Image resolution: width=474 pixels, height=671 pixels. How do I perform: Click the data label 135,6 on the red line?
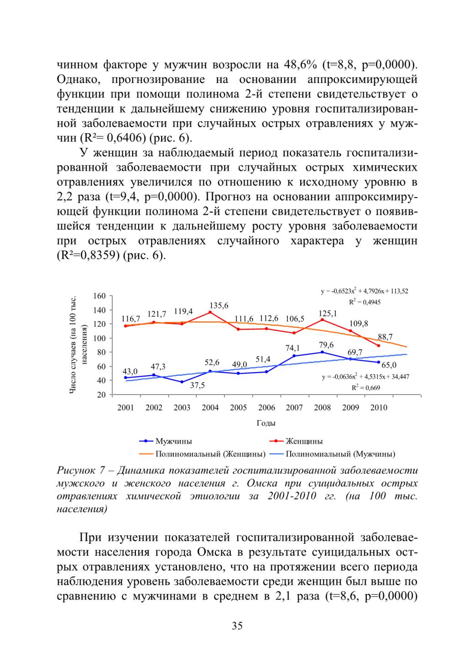pos(219,306)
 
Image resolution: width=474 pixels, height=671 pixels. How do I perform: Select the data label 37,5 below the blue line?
pos(198,385)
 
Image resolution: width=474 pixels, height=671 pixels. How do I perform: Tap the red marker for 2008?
pos(323,320)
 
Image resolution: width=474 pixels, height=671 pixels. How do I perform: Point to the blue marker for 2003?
pos(182,382)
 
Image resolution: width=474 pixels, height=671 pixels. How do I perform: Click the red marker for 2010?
pos(378,345)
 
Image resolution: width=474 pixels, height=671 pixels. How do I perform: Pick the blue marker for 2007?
pos(294,356)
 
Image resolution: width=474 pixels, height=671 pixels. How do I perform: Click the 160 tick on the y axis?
pos(99,296)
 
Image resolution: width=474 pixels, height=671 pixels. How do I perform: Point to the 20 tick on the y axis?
pos(102,395)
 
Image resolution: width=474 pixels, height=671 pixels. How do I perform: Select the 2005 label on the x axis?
pos(238,408)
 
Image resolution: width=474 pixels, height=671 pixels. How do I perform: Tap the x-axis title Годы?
pos(266,423)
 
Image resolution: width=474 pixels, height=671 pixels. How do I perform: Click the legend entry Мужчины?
pos(166,441)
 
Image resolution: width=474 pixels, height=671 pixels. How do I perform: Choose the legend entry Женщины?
pos(296,441)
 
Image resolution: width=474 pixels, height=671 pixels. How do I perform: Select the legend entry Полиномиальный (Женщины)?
pos(203,454)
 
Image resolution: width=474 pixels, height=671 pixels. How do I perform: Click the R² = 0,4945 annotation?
pos(365,302)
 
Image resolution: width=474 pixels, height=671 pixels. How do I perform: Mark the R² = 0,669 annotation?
pos(365,388)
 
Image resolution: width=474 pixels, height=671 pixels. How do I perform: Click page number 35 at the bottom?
pos(237,626)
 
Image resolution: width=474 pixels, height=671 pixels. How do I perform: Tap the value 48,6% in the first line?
pos(300,64)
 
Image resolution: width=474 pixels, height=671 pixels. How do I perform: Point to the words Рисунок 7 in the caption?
pos(81,471)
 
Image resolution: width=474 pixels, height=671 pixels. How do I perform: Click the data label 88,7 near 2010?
pos(385,337)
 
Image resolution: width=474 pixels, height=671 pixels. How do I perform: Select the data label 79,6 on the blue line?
pos(326,345)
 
